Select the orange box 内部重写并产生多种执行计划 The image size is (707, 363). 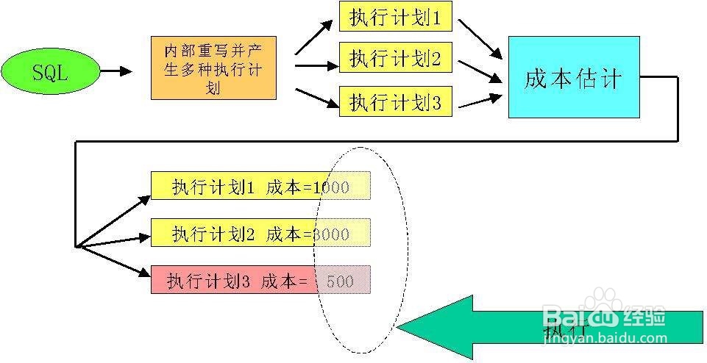tap(213, 68)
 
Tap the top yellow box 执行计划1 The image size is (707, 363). tap(396, 17)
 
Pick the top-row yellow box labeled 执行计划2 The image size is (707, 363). tap(396, 59)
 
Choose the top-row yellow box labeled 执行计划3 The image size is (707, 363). tap(396, 101)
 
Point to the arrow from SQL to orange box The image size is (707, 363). tap(116, 71)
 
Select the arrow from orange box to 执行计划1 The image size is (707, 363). tap(314, 36)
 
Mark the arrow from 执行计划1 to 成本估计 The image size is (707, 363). tap(480, 38)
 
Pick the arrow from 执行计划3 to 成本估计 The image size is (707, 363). tap(480, 101)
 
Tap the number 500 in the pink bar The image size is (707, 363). tap(339, 281)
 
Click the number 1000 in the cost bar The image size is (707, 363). tap(330, 187)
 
